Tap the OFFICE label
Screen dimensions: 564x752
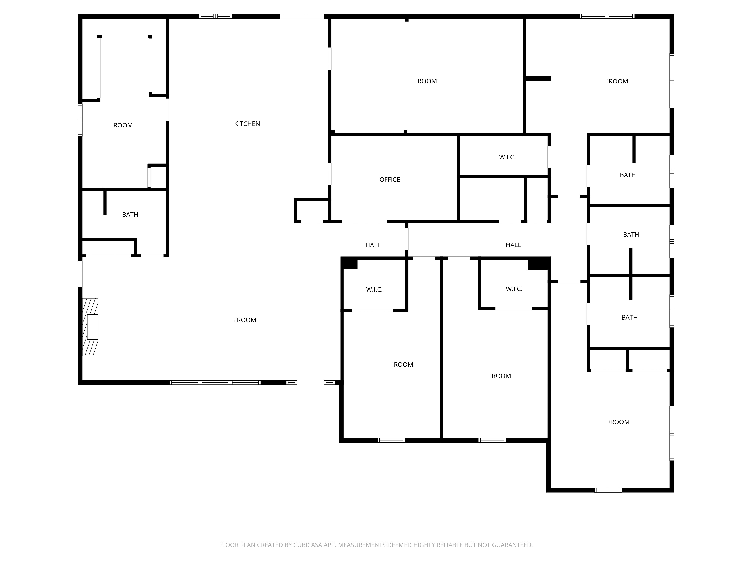[x=390, y=180]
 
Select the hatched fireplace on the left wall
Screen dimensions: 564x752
[x=90, y=327]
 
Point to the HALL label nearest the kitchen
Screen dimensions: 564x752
[x=373, y=245]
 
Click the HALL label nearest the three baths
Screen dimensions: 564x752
[x=513, y=245]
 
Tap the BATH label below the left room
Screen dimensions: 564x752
[x=130, y=215]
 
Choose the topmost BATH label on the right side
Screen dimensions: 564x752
[x=628, y=175]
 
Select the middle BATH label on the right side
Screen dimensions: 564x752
[x=631, y=234]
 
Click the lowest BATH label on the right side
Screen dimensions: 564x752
[x=629, y=317]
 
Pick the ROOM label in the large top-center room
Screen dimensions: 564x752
[x=427, y=81]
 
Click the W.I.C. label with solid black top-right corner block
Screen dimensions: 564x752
[x=514, y=289]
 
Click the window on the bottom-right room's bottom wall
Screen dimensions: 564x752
[x=608, y=490]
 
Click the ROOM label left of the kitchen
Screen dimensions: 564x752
[x=123, y=125]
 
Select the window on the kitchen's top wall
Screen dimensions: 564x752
[x=215, y=16]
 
